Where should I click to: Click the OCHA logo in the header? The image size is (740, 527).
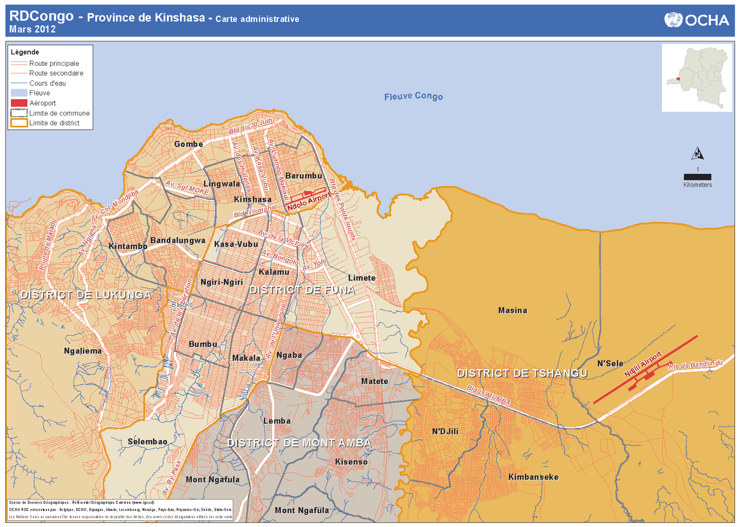[x=696, y=20]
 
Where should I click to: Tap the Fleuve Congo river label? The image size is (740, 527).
[x=413, y=96]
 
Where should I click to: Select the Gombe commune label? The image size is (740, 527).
[x=188, y=144]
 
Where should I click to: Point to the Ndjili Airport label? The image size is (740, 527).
[x=643, y=364]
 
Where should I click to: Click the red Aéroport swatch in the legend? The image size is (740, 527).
[x=19, y=103]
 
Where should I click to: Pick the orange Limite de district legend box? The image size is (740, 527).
[x=19, y=123]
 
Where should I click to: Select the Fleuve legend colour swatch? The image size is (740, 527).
[x=19, y=93]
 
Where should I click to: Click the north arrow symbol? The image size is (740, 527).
[x=698, y=154]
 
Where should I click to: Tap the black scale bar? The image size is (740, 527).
[x=697, y=177]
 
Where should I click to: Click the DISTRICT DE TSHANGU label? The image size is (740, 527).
[x=522, y=373]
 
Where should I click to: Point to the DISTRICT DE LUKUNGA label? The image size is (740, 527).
[x=86, y=295]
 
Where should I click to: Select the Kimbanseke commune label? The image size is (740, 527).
[x=533, y=477]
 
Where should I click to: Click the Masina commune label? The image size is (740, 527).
[x=512, y=310]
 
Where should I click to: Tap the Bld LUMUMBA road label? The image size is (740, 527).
[x=488, y=395]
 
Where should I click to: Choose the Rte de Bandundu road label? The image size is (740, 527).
[x=695, y=365]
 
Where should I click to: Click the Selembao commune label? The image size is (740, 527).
[x=147, y=442]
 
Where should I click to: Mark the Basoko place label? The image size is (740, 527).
[x=182, y=304]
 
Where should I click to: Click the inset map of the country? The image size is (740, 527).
[x=697, y=78]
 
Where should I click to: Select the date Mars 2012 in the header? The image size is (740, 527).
[x=32, y=29]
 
